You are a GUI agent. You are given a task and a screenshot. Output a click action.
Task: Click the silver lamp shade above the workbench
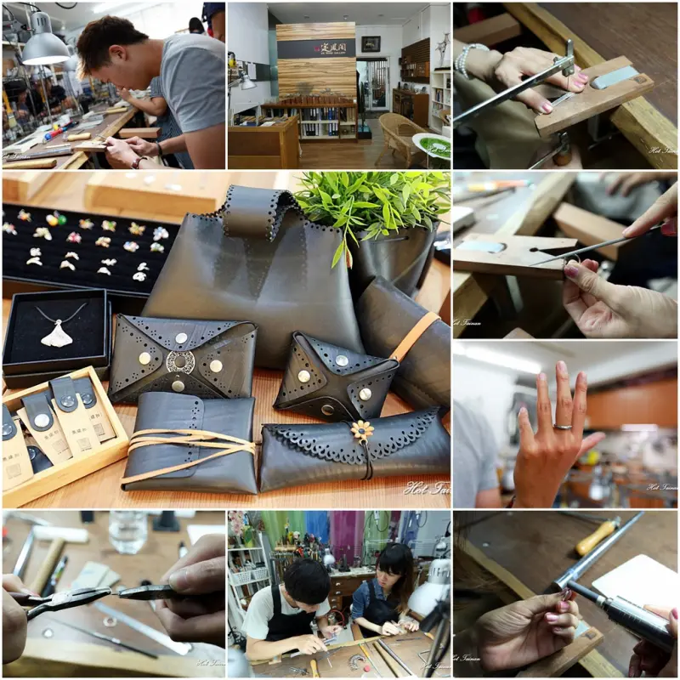coord(44,50)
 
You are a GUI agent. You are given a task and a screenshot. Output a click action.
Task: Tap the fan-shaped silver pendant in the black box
coord(58,336)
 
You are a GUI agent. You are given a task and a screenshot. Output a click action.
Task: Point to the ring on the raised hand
coord(564,426)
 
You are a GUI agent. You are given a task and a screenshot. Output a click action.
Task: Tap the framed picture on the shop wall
coord(371,44)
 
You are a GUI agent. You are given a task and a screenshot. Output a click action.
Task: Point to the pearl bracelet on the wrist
coord(464,60)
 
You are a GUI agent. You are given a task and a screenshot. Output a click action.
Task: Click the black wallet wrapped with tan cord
coord(189,442)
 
